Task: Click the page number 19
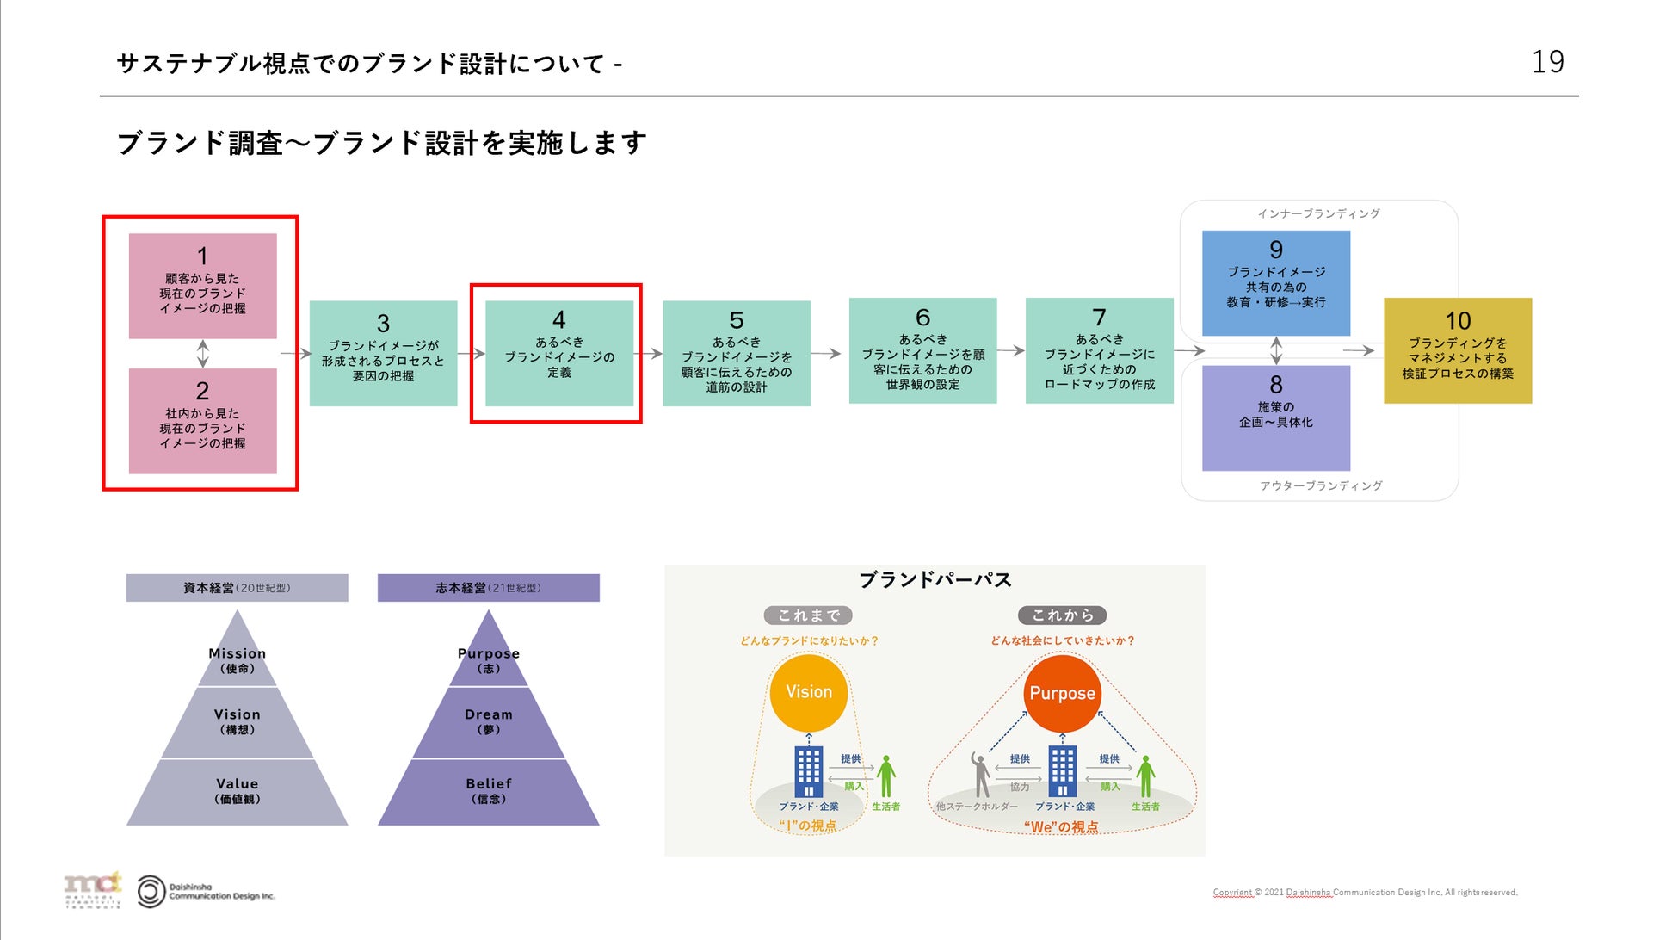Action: click(x=1547, y=62)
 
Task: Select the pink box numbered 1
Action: click(x=203, y=286)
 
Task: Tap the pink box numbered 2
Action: click(x=203, y=421)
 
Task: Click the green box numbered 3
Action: click(x=383, y=353)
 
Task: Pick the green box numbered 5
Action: click(x=737, y=353)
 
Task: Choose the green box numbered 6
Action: click(x=922, y=350)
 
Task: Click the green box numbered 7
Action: click(x=1099, y=350)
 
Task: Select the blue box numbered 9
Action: click(x=1275, y=282)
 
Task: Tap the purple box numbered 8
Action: click(x=1275, y=417)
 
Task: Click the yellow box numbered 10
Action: click(x=1458, y=350)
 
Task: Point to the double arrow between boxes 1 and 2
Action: click(x=203, y=353)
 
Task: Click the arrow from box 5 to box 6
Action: click(x=825, y=353)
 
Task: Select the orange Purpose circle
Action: click(x=1062, y=693)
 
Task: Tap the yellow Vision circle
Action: click(x=809, y=693)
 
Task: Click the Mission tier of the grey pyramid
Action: click(x=238, y=659)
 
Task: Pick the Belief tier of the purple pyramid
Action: click(x=489, y=790)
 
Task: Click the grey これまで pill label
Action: click(x=808, y=615)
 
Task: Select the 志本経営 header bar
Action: click(x=488, y=588)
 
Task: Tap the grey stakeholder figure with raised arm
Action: click(x=980, y=774)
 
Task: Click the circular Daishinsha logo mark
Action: click(x=151, y=892)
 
